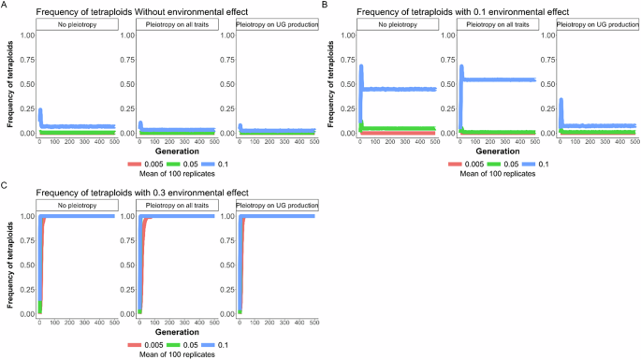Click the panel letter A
[6, 6]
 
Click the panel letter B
[324, 6]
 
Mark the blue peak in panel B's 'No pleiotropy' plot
[360, 65]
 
